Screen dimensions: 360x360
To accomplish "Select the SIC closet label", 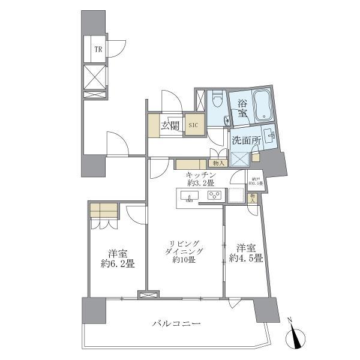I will pos(193,125).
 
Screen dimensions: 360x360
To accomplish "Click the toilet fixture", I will pos(217,100).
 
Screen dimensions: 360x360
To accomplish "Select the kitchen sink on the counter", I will pos(190,197).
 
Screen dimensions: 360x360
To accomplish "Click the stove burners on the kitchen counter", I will pos(214,196).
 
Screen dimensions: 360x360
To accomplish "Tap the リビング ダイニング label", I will pos(187,247).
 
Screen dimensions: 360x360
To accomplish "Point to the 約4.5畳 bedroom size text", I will pos(246,259).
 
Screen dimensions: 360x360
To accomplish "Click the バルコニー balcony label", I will pos(175,324).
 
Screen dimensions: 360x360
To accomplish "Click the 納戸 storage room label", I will pos(256,179).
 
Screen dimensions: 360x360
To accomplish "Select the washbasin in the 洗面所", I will pos(268,136).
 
